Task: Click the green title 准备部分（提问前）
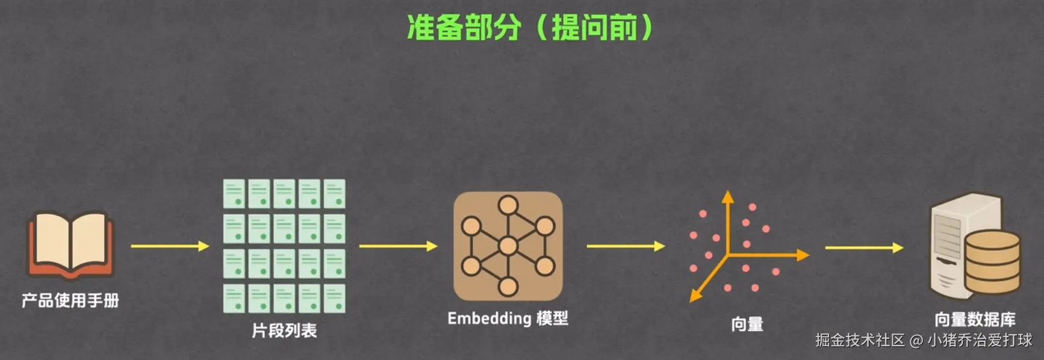pos(530,28)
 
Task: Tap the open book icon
pos(70,244)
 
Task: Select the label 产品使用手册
pos(70,300)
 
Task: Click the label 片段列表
pos(284,331)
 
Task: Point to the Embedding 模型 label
pos(508,318)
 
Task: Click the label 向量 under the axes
pos(747,324)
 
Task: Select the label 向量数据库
pos(975,319)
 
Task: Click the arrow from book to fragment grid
pos(170,246)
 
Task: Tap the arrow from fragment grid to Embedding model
pos(398,246)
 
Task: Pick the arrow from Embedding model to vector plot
pos(626,246)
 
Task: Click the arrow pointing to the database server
pos(864,247)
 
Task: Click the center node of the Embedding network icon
pos(508,246)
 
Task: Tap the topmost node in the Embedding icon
pos(508,205)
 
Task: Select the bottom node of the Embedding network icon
pos(508,287)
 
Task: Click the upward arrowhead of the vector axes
pos(728,197)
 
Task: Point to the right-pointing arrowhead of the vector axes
pos(803,255)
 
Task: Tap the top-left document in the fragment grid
pos(234,193)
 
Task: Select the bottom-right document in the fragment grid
pos(334,299)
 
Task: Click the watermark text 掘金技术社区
pos(860,340)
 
